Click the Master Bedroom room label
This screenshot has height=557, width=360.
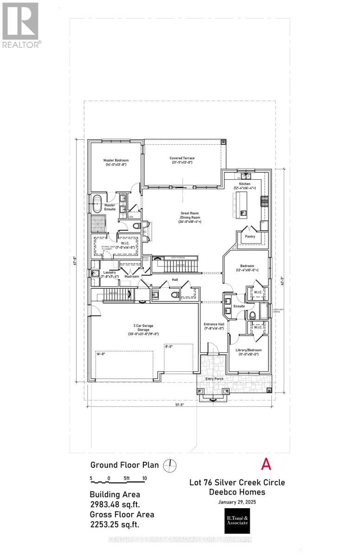click(116, 162)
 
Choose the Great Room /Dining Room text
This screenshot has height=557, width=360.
click(190, 218)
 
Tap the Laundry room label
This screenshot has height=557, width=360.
click(109, 274)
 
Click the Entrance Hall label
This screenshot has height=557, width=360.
click(214, 325)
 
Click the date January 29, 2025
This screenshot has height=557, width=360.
click(237, 502)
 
